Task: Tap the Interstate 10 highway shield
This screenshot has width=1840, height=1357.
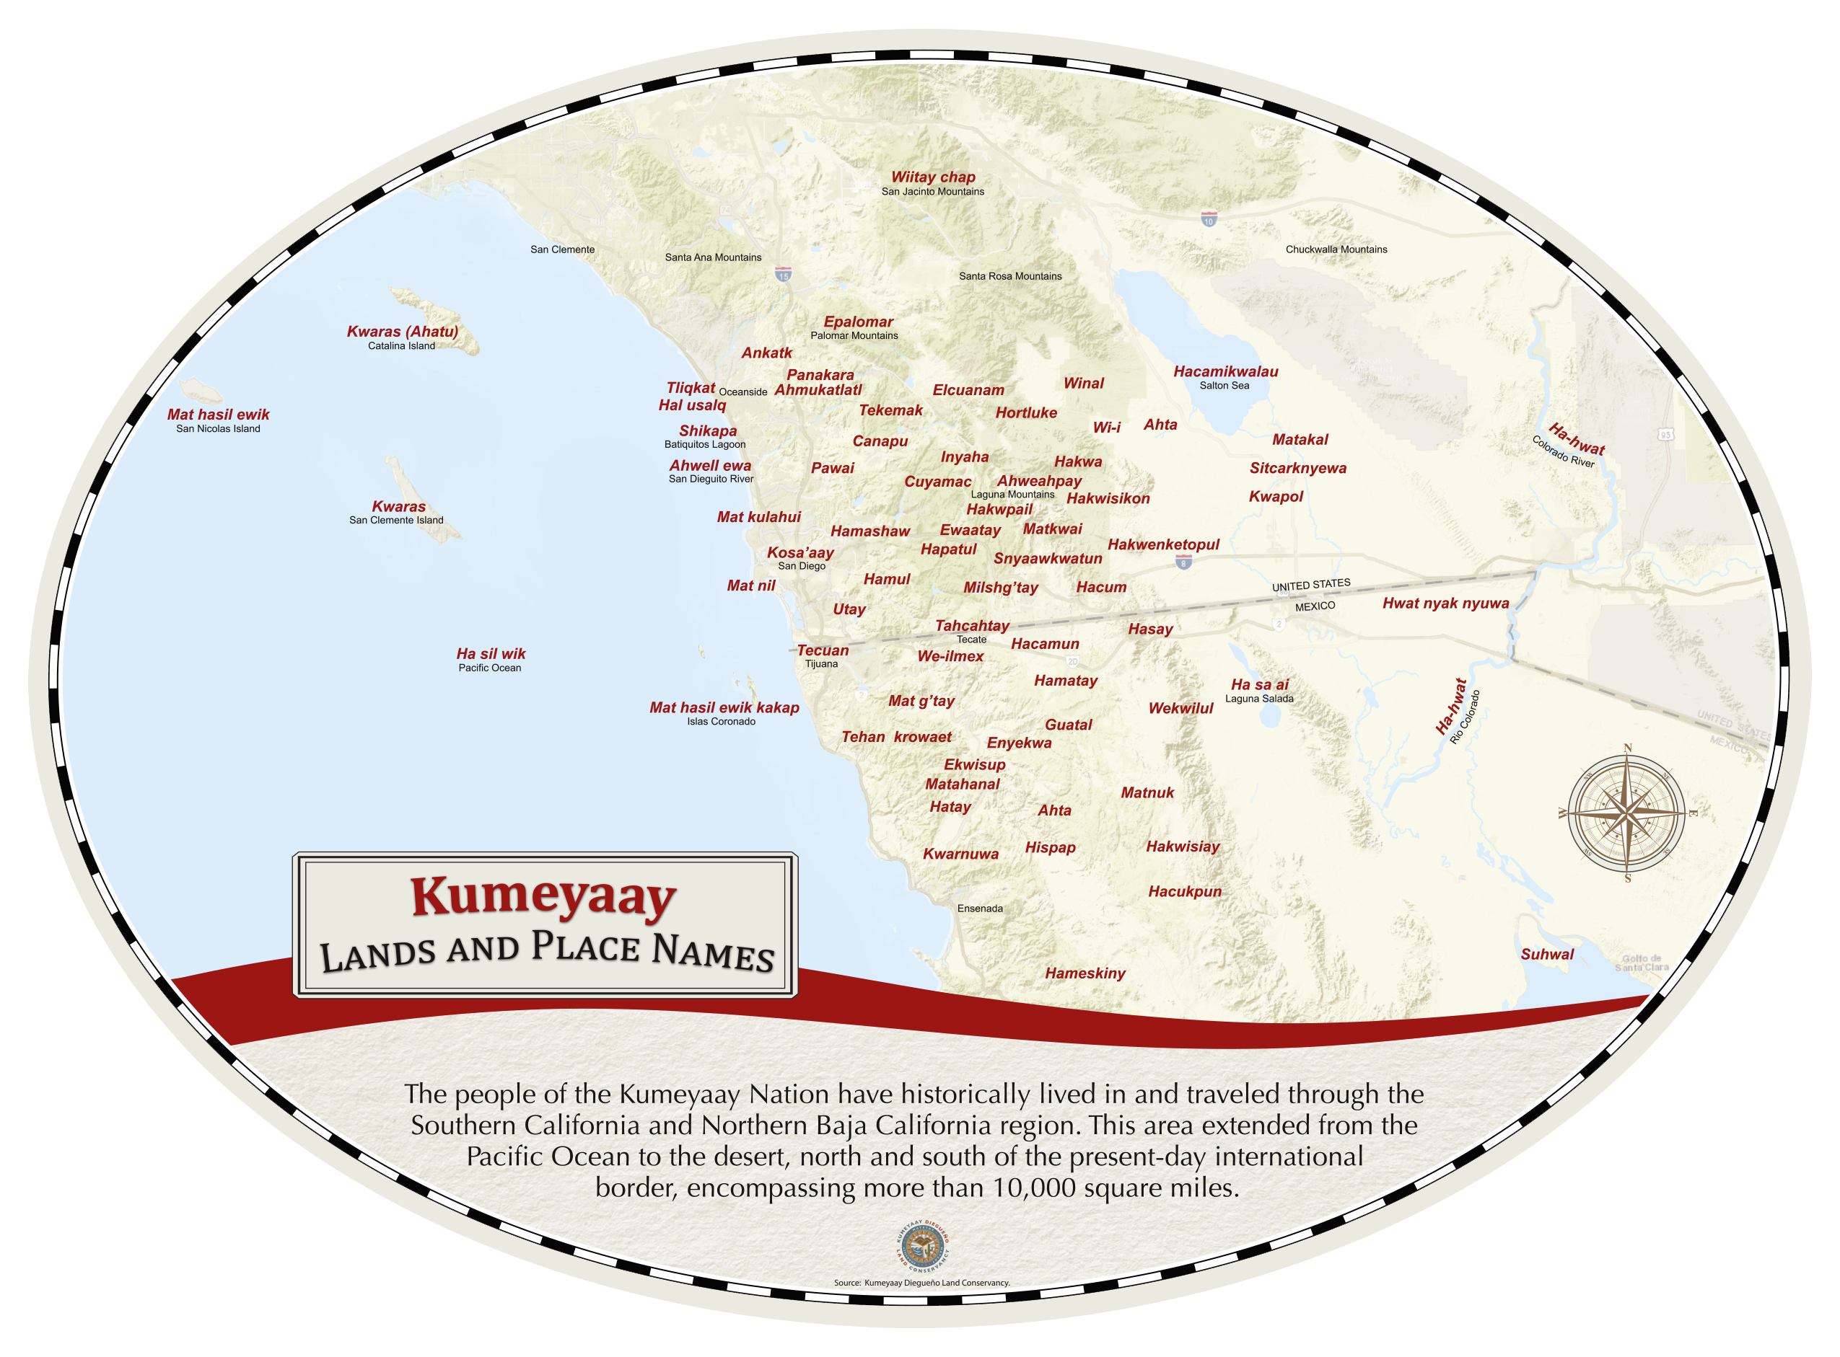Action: (x=1208, y=219)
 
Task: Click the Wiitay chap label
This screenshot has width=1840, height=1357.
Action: (x=933, y=177)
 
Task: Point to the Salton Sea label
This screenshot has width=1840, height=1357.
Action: (x=1224, y=385)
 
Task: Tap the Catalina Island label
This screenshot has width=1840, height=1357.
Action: (x=401, y=346)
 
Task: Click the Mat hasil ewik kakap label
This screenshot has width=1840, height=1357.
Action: (x=724, y=707)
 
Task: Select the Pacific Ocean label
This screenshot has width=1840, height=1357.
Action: (x=490, y=668)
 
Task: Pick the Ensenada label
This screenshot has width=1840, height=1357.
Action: (x=980, y=909)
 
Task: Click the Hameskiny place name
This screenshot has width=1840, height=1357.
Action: (x=1085, y=973)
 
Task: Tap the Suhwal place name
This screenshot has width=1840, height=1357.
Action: (x=1546, y=955)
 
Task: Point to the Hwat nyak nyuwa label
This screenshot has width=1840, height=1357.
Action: (x=1445, y=604)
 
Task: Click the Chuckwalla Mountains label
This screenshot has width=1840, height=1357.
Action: (x=1336, y=249)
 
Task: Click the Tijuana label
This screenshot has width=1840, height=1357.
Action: (x=821, y=663)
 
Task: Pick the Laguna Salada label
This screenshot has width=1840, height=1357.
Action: (x=1259, y=699)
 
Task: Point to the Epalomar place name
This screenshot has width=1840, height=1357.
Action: (x=858, y=322)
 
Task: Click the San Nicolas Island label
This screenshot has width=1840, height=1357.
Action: (x=218, y=429)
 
